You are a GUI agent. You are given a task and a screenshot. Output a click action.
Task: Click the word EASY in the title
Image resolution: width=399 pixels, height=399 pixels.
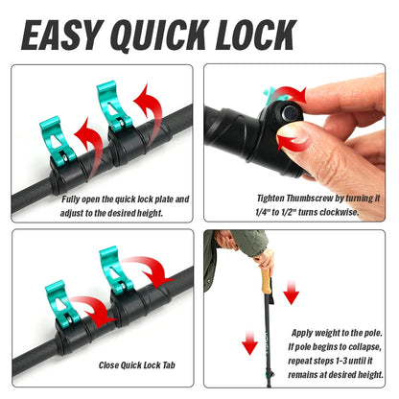(x=64, y=35)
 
